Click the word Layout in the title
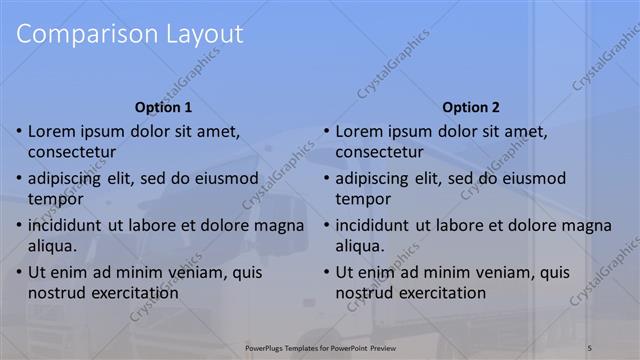197,34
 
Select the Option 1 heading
163,107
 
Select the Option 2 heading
470,107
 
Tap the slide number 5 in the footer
590,347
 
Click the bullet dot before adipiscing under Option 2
326,179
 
